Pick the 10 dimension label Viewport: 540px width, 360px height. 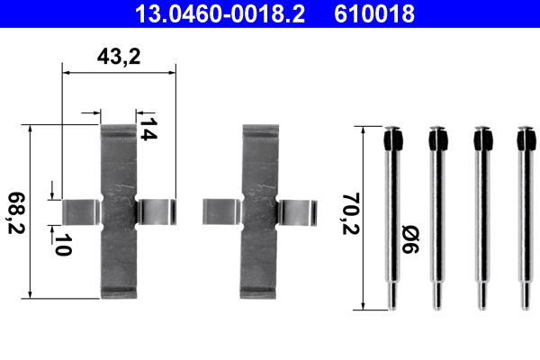pos(61,246)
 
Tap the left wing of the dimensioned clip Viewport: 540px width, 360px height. pos(80,211)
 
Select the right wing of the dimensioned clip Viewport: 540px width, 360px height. pos(156,211)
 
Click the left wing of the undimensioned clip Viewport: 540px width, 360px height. pos(221,211)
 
